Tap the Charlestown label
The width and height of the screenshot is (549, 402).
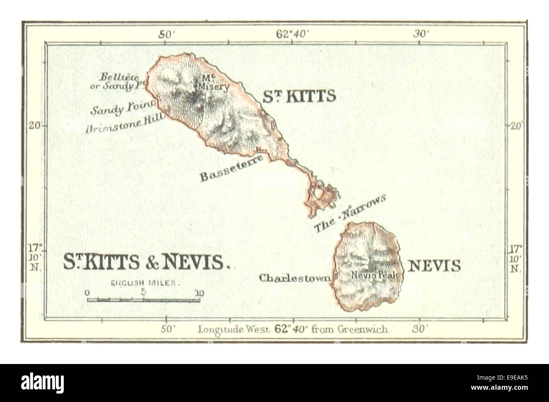click(295, 278)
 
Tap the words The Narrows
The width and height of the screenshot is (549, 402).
click(350, 213)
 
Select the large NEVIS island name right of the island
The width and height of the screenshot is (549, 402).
click(434, 266)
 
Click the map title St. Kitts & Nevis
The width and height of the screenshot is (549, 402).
click(147, 262)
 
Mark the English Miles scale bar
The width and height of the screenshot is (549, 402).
click(143, 300)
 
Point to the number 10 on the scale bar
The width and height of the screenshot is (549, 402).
click(199, 292)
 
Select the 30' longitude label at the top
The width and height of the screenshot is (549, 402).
click(421, 35)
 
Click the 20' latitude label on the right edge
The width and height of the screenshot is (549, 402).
click(516, 125)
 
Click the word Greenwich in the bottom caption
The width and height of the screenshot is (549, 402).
click(363, 329)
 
